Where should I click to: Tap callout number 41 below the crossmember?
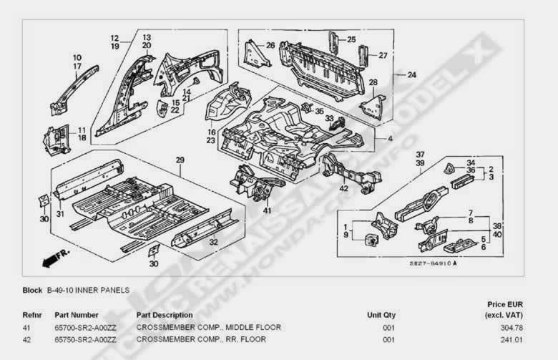(x=267, y=210)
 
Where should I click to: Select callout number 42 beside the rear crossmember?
(x=344, y=189)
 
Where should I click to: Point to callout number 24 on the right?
(x=411, y=74)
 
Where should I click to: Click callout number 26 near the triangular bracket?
(x=270, y=45)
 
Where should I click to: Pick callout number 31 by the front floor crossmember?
(x=59, y=215)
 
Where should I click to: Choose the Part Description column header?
(x=164, y=315)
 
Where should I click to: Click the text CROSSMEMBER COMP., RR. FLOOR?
(x=201, y=339)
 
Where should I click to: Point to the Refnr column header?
(x=32, y=315)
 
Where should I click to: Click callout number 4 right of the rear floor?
(x=390, y=139)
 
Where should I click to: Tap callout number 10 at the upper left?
(x=77, y=57)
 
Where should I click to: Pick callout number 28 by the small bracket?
(x=373, y=83)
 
